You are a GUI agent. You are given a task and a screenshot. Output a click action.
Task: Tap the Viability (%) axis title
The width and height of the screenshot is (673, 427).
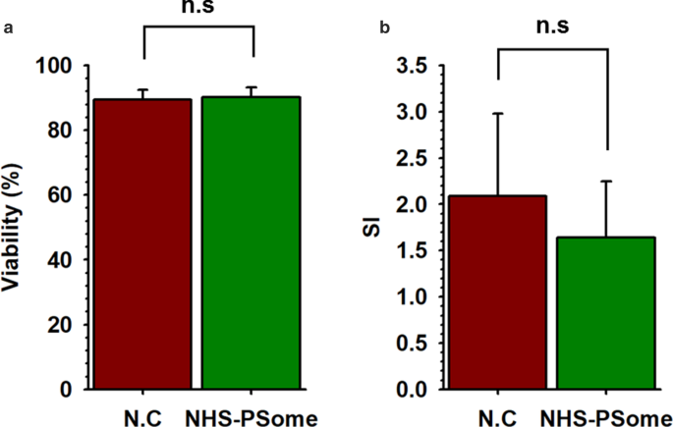coord(13,227)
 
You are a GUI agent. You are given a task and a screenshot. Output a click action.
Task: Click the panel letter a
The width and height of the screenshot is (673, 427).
coord(8,27)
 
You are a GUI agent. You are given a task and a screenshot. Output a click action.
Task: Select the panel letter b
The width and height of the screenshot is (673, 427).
coord(385,27)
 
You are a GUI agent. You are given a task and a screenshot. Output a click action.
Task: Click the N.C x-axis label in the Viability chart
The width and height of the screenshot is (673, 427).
coord(142,416)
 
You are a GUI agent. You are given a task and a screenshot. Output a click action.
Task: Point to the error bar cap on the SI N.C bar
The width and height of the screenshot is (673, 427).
coord(498,113)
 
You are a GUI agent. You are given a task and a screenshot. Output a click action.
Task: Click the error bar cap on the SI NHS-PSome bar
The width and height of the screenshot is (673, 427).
coord(607,182)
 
